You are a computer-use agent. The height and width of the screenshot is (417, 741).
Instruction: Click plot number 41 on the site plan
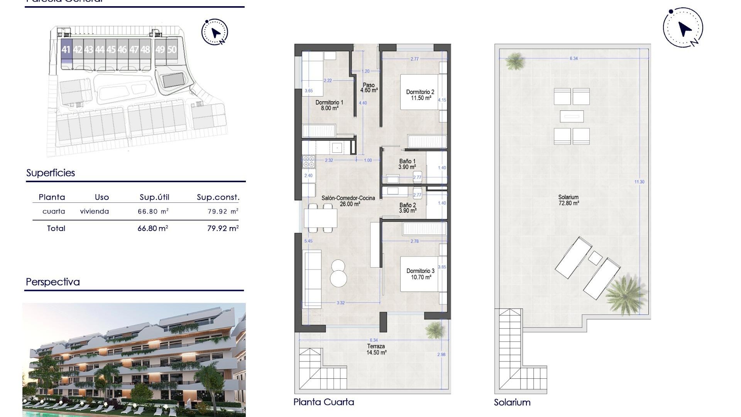pos(66,50)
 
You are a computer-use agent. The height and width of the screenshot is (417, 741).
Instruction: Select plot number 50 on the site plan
pos(172,50)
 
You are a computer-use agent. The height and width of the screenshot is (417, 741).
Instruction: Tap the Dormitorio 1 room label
pos(329,105)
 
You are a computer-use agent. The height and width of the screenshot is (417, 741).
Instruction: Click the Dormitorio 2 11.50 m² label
pos(420,95)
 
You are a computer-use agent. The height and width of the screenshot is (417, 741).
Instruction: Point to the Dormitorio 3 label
pos(420,274)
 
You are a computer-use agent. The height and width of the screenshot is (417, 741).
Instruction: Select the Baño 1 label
pos(407,164)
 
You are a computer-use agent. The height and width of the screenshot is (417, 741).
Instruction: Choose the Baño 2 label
pos(408,208)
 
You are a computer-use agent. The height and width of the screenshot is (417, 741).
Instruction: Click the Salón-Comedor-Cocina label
pos(348,201)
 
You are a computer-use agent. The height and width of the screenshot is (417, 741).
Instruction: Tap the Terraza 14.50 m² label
pos(376,349)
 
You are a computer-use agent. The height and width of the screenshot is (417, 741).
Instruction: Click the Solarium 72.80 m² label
pos(568,200)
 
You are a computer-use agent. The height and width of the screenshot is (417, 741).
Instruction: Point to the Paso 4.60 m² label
pos(369,88)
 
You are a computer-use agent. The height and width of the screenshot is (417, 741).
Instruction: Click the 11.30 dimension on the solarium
pos(639,182)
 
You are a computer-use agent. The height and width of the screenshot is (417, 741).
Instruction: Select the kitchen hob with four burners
pos(309,161)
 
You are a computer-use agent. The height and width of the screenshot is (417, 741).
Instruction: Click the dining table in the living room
pos(321,218)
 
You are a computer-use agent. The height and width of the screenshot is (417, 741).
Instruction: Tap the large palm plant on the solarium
pos(625,294)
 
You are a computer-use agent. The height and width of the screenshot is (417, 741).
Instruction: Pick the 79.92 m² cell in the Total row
pos(223,229)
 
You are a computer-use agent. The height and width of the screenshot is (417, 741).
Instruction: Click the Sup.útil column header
pos(154,197)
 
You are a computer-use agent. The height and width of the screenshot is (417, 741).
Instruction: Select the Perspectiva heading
pos(53,282)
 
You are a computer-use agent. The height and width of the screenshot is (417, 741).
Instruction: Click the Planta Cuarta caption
pos(324,402)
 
